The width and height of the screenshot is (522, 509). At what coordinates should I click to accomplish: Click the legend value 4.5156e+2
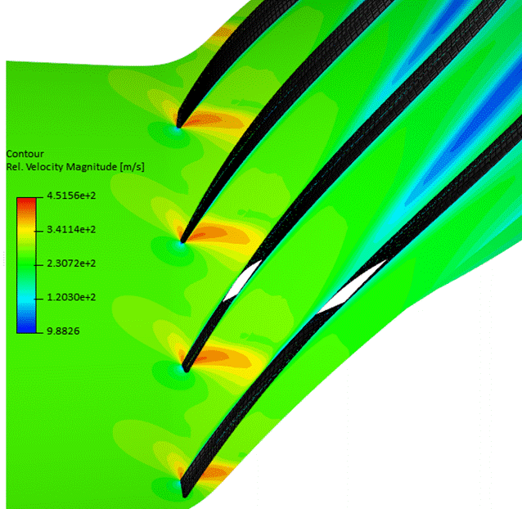coord(71,196)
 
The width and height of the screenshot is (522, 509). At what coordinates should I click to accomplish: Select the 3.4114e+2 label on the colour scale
coord(71,229)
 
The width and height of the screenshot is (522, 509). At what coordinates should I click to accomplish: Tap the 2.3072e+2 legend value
coord(71,264)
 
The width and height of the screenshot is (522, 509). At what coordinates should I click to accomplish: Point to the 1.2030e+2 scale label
coord(71,297)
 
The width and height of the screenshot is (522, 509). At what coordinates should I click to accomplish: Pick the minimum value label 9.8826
coord(63,331)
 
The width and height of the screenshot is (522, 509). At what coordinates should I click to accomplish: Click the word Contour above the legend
coord(25,154)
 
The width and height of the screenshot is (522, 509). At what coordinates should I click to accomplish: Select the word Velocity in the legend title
coord(45,166)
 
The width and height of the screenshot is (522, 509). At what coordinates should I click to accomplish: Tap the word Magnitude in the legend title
coord(92,167)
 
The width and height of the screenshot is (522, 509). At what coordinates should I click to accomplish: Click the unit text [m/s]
coord(133,167)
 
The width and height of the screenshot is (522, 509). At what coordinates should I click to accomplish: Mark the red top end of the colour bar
coord(26,200)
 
